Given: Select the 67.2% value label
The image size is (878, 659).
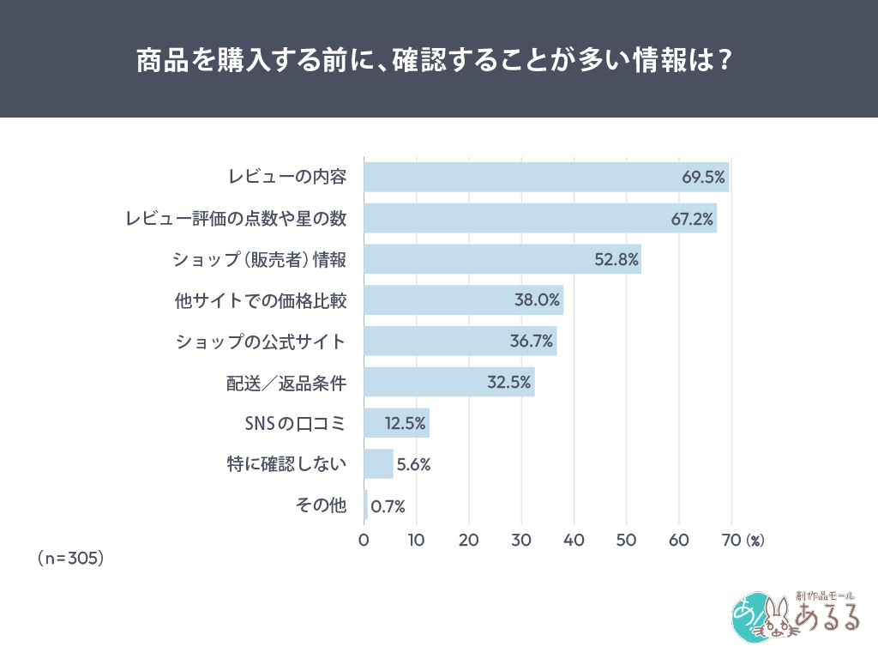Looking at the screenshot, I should tap(692, 219).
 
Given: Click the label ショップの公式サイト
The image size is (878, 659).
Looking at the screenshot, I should tap(261, 342).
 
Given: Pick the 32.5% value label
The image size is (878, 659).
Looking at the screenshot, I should tap(509, 383).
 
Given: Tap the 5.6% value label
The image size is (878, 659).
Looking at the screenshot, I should tap(413, 465).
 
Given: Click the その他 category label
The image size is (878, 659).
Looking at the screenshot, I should tap(321, 506).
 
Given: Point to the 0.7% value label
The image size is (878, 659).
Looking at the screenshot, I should tap(388, 506).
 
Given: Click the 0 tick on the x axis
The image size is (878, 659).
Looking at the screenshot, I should tap(364, 541).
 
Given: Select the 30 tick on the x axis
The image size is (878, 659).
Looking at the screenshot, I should tap(521, 541).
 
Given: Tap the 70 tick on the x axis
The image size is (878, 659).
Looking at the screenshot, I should tap(731, 541).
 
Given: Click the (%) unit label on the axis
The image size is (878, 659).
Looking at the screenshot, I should tap(755, 541).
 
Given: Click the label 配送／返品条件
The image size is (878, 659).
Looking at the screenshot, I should tap(286, 383).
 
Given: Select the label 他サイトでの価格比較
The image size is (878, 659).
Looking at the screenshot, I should tap(260, 300).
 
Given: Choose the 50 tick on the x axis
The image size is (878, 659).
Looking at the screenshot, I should tap(627, 541).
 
